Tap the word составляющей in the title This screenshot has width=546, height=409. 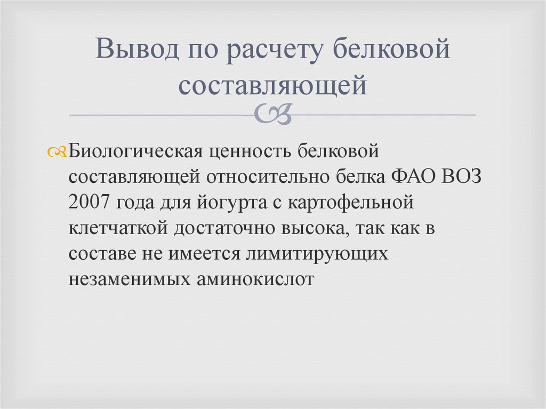coord(273,85)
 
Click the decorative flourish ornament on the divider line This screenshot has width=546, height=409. coord(273,114)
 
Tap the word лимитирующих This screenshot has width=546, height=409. coord(316,253)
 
